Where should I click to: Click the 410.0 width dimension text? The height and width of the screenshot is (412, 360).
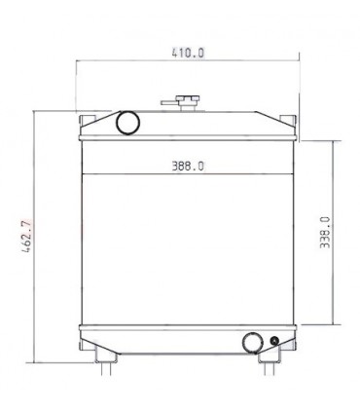click(188, 53)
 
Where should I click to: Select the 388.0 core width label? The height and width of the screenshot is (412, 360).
click(188, 167)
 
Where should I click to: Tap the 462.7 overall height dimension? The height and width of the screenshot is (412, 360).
click(26, 236)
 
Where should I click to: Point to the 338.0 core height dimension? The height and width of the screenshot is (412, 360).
click(325, 232)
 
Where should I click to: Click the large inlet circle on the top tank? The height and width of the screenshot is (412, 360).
click(127, 123)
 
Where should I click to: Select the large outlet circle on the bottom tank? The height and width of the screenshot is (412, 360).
click(253, 343)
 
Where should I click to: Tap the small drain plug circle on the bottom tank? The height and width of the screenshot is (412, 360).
click(274, 341)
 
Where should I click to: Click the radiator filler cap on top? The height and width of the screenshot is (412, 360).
click(188, 98)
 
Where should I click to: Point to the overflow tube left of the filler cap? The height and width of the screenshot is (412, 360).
click(169, 103)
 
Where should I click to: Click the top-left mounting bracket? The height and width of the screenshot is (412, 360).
click(88, 120)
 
